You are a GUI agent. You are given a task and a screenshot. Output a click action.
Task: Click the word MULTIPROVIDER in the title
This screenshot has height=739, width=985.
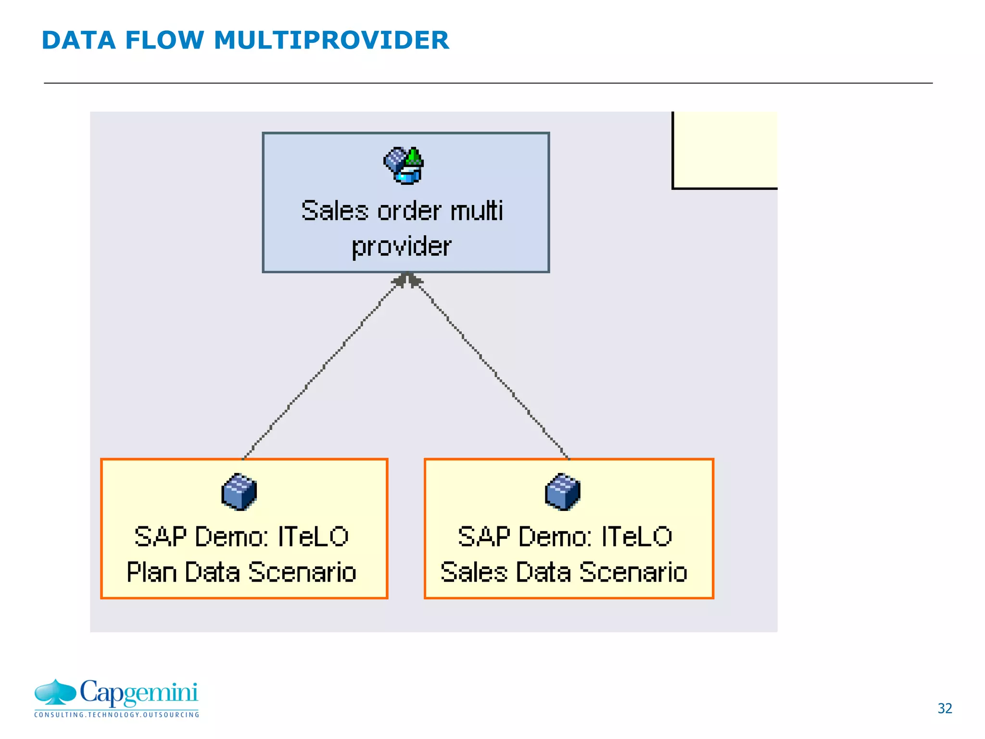(x=331, y=40)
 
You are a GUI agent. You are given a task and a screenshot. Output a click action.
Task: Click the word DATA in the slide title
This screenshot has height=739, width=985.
(x=78, y=40)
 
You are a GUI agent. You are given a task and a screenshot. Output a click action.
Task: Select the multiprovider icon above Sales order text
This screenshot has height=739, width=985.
(x=404, y=165)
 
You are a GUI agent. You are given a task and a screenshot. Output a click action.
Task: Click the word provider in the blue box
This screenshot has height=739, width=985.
(x=402, y=247)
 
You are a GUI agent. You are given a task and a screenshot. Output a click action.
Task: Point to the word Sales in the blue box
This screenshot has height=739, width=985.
(x=335, y=211)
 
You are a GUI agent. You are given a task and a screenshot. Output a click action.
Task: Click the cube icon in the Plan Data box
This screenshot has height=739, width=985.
(x=239, y=492)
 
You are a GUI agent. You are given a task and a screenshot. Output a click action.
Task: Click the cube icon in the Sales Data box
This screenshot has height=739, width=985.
(x=563, y=492)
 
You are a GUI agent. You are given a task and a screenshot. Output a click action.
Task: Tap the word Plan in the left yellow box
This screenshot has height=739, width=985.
(x=152, y=572)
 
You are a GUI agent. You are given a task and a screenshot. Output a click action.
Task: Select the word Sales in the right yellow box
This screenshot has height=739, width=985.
(x=474, y=572)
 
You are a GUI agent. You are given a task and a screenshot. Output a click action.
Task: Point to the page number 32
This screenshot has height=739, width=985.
(x=945, y=708)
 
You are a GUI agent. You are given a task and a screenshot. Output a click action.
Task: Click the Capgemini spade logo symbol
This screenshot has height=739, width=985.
(x=55, y=692)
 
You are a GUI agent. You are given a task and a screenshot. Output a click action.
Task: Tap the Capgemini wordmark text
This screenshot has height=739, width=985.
(x=139, y=693)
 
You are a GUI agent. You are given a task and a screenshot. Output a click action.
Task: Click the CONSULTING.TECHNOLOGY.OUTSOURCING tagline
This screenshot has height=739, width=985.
(x=116, y=714)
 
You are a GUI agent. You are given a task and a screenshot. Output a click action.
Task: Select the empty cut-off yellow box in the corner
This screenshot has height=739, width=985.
(x=725, y=150)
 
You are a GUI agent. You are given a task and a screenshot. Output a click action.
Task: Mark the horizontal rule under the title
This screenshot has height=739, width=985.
(x=488, y=83)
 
